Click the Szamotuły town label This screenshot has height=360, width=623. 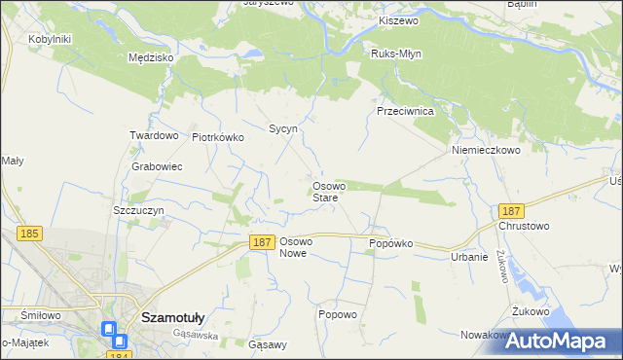(171, 316)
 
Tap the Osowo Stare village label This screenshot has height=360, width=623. (325, 192)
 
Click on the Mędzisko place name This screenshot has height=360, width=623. (151, 57)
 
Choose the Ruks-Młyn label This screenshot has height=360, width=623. (395, 54)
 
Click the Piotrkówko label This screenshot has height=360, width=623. (217, 137)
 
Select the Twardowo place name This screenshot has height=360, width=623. (154, 135)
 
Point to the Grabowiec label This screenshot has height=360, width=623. (157, 166)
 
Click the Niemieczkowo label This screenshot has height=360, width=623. (486, 151)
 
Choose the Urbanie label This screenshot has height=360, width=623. (468, 257)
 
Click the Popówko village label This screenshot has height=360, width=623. (391, 243)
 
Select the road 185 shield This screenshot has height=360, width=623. (28, 234)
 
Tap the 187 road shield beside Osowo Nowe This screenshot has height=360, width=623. (260, 242)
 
